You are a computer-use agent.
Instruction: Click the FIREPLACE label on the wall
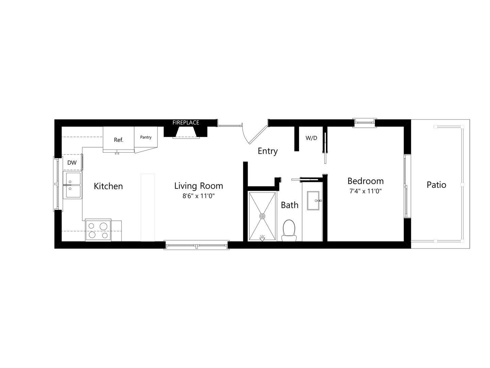coord(185,123)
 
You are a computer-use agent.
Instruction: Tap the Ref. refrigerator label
coord(118,140)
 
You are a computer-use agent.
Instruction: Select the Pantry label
coord(146,137)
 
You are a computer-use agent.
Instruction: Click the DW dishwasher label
coord(72,163)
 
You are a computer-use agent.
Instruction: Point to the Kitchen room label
coord(108,186)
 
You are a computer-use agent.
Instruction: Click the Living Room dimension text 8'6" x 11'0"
coord(198,196)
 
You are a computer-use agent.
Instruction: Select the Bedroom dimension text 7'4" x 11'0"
coord(365,191)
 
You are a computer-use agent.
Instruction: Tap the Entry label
coord(267,151)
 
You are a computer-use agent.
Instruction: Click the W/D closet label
coord(311,138)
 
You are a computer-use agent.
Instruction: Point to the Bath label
coord(290,205)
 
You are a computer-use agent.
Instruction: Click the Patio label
coord(436,185)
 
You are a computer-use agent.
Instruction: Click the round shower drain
coord(262,216)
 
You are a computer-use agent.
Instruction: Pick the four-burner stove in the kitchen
coord(98,230)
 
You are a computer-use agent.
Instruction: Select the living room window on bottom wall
coord(196,245)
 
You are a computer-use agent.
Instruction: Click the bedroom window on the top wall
coord(364,123)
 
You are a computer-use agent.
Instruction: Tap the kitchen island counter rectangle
coord(148,208)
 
